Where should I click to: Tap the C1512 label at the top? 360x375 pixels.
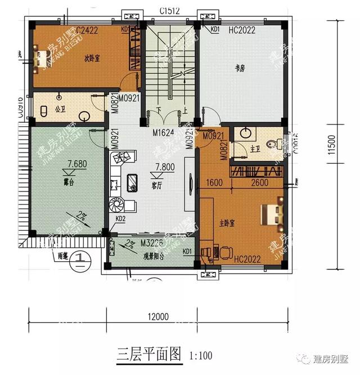(170, 10)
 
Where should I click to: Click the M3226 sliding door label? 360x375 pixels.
(152, 243)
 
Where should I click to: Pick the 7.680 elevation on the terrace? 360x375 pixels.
(77, 164)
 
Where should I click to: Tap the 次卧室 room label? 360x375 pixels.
(92, 58)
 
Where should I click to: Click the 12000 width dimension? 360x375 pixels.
(159, 316)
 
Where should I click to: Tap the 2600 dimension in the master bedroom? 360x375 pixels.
(259, 182)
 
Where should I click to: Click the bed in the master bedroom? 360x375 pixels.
(271, 214)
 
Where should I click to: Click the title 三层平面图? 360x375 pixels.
(149, 355)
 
